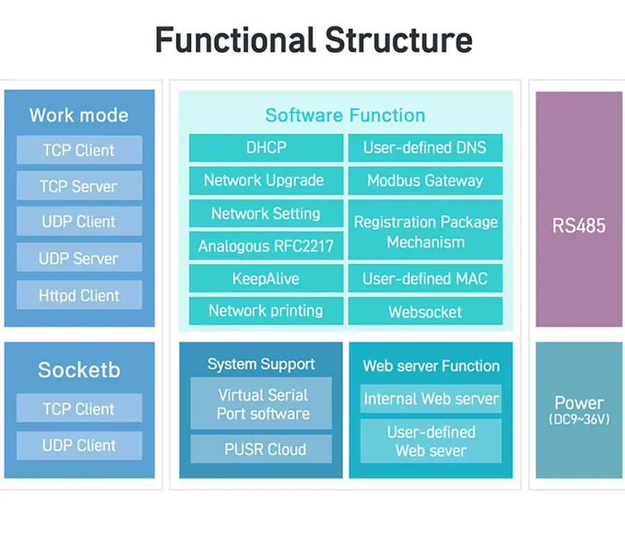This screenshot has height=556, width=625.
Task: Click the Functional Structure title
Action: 313,40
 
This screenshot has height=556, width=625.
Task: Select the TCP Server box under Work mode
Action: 79,186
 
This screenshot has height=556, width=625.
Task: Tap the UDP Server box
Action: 79,258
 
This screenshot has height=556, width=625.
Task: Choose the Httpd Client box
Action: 79,295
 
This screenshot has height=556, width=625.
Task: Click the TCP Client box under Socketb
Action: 79,409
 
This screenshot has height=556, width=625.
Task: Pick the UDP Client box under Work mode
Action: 79,222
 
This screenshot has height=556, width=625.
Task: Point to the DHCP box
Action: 266,147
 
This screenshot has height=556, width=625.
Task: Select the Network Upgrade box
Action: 266,181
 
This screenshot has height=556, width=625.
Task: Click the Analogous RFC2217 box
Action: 266,246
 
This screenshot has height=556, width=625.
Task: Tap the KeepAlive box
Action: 266,279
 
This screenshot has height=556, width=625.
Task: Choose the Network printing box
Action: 266,311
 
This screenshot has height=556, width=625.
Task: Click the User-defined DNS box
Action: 425,147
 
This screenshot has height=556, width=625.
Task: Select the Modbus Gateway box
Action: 425,181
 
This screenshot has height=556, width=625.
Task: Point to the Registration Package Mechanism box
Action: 425,231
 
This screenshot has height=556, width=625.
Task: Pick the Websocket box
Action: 425,311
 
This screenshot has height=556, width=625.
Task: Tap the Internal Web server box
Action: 431,399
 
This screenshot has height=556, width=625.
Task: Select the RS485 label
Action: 578,225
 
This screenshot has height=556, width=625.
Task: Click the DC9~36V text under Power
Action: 578,420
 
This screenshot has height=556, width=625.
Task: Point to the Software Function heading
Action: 345,115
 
